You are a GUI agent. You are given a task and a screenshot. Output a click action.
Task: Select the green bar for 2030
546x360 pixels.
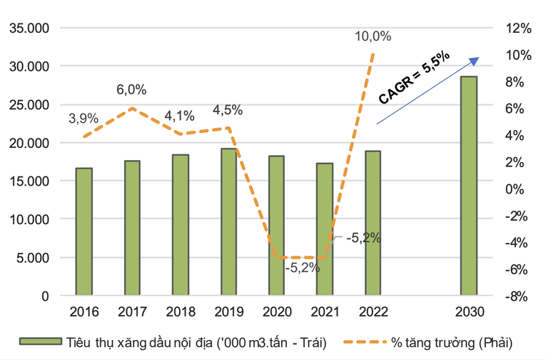pos(468,186)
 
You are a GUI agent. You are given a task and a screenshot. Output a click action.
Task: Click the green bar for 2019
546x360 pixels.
pos(228,221)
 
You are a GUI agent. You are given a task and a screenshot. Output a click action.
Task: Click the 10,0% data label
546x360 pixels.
pos(372,36)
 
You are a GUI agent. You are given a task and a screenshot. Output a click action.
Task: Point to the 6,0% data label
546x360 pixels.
pos(131,90)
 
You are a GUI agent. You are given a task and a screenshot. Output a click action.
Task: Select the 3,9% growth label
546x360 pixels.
pos(84,118)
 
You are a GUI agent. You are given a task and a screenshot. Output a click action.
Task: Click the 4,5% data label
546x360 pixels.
pos(228,110)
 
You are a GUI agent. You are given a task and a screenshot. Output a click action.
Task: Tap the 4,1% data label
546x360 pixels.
pos(180,115)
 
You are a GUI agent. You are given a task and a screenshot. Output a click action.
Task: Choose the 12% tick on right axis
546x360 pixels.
pos(520,29)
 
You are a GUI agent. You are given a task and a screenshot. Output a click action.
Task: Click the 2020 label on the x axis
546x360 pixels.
pos(276,312)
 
